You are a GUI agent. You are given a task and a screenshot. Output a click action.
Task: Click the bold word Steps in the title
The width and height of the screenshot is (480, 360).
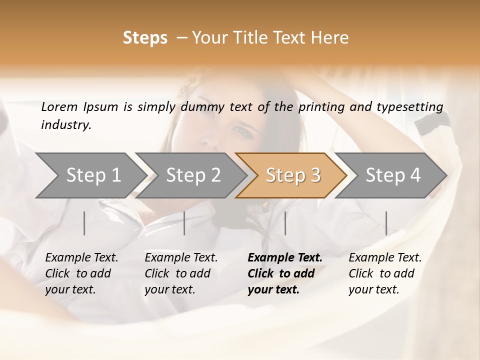click(145, 38)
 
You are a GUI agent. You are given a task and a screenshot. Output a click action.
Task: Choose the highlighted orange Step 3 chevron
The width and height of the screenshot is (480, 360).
click(291, 175)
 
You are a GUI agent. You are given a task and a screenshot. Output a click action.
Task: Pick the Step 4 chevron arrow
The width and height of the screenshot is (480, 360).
click(391, 175)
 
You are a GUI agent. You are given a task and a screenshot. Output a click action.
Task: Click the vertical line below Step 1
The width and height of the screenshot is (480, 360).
click(84, 223)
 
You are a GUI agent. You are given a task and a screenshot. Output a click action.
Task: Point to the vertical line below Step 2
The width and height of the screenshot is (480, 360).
click(184, 223)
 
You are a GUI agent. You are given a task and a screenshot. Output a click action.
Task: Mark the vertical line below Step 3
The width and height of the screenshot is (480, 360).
click(285, 223)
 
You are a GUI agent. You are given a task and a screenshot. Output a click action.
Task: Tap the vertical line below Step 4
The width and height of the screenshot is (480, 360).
click(386, 223)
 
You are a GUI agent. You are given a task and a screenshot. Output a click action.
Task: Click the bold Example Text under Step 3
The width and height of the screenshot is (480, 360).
click(285, 258)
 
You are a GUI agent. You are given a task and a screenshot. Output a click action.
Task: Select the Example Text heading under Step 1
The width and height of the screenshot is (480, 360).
click(81, 258)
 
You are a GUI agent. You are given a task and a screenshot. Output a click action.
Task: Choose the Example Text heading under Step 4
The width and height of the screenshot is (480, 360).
click(385, 258)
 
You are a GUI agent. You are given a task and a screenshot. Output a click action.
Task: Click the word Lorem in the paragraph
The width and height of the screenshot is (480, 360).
click(59, 107)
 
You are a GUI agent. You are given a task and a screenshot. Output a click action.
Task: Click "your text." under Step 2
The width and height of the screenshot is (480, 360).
click(169, 289)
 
